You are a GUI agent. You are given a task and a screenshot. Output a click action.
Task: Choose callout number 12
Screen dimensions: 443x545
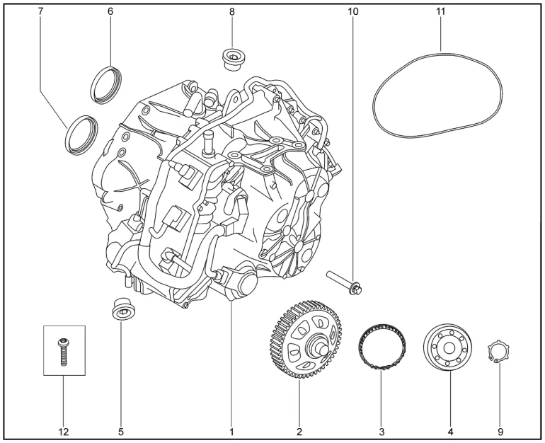64,430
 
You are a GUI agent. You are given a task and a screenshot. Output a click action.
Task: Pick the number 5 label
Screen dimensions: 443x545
121,430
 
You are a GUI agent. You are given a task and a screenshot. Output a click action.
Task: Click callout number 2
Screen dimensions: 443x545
299,430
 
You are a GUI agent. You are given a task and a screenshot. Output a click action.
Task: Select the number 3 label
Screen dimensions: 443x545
381,430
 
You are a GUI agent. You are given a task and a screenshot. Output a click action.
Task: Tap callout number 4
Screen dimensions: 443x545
449,430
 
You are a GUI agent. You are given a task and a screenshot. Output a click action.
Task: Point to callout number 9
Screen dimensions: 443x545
501,430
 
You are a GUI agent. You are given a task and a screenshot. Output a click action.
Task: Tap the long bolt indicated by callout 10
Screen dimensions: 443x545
344,282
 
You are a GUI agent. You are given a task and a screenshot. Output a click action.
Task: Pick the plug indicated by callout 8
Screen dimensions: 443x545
232,59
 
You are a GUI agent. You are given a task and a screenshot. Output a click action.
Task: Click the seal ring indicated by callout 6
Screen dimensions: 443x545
107,84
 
